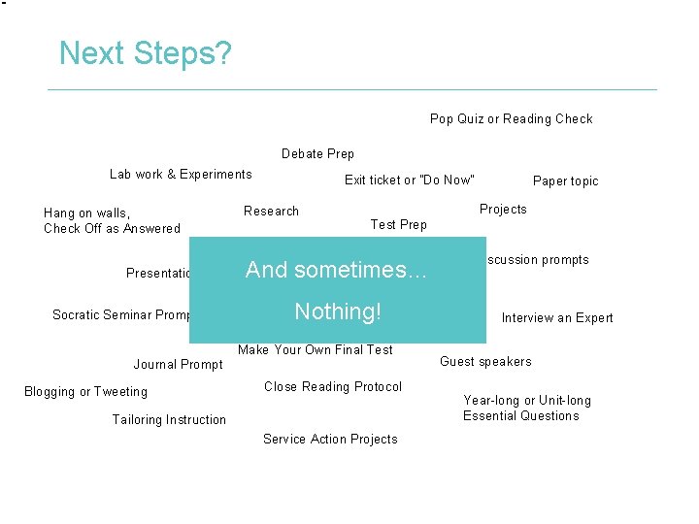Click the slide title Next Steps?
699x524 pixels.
pyautogui.click(x=145, y=52)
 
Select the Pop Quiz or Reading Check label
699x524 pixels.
pyautogui.click(x=511, y=118)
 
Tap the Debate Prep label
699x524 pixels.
pyautogui.click(x=317, y=153)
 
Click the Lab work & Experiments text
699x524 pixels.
pyautogui.click(x=181, y=174)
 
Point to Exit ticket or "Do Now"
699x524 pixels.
pyautogui.click(x=410, y=180)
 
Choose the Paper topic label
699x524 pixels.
pyautogui.click(x=565, y=180)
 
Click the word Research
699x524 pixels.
pyautogui.click(x=271, y=211)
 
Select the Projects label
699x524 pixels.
pyautogui.click(x=503, y=209)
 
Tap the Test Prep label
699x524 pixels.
pyautogui.click(x=398, y=224)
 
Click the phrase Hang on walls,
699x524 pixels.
pyautogui.click(x=87, y=213)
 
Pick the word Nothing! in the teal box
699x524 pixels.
pyautogui.click(x=337, y=311)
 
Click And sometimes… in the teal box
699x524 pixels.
pyautogui.click(x=336, y=270)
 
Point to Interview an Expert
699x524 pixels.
pyautogui.click(x=556, y=317)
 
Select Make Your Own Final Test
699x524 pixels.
pyautogui.click(x=316, y=349)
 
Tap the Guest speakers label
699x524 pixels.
pyautogui.click(x=485, y=361)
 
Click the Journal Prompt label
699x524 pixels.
pyautogui.click(x=178, y=364)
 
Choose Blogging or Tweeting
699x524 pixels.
pyautogui.click(x=85, y=391)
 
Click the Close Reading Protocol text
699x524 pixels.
pyautogui.click(x=332, y=386)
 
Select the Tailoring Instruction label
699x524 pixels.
pyautogui.click(x=169, y=419)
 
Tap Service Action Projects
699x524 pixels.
pyautogui.click(x=330, y=439)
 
